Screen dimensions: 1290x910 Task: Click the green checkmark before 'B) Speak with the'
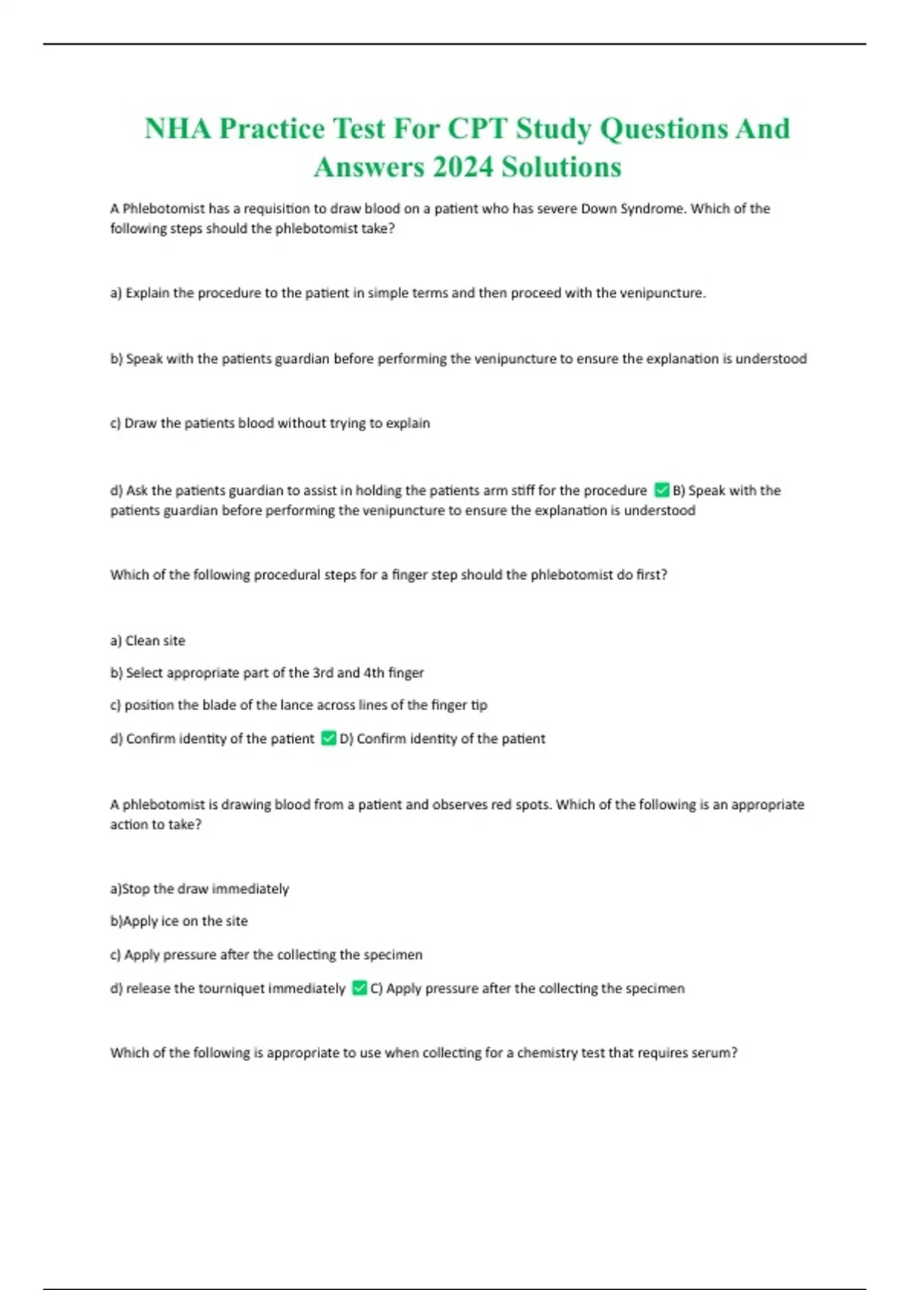click(x=661, y=490)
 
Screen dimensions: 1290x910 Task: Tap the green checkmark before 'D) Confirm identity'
click(x=328, y=738)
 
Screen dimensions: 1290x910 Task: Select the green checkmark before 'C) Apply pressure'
click(x=359, y=988)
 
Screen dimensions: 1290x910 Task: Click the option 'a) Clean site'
click(x=148, y=640)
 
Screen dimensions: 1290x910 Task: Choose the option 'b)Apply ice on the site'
click(x=179, y=921)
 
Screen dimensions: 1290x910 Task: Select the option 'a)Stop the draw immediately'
click(x=199, y=889)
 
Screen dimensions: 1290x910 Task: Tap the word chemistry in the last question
click(x=547, y=1052)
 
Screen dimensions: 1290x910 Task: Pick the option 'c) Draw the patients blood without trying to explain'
click(x=270, y=423)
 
